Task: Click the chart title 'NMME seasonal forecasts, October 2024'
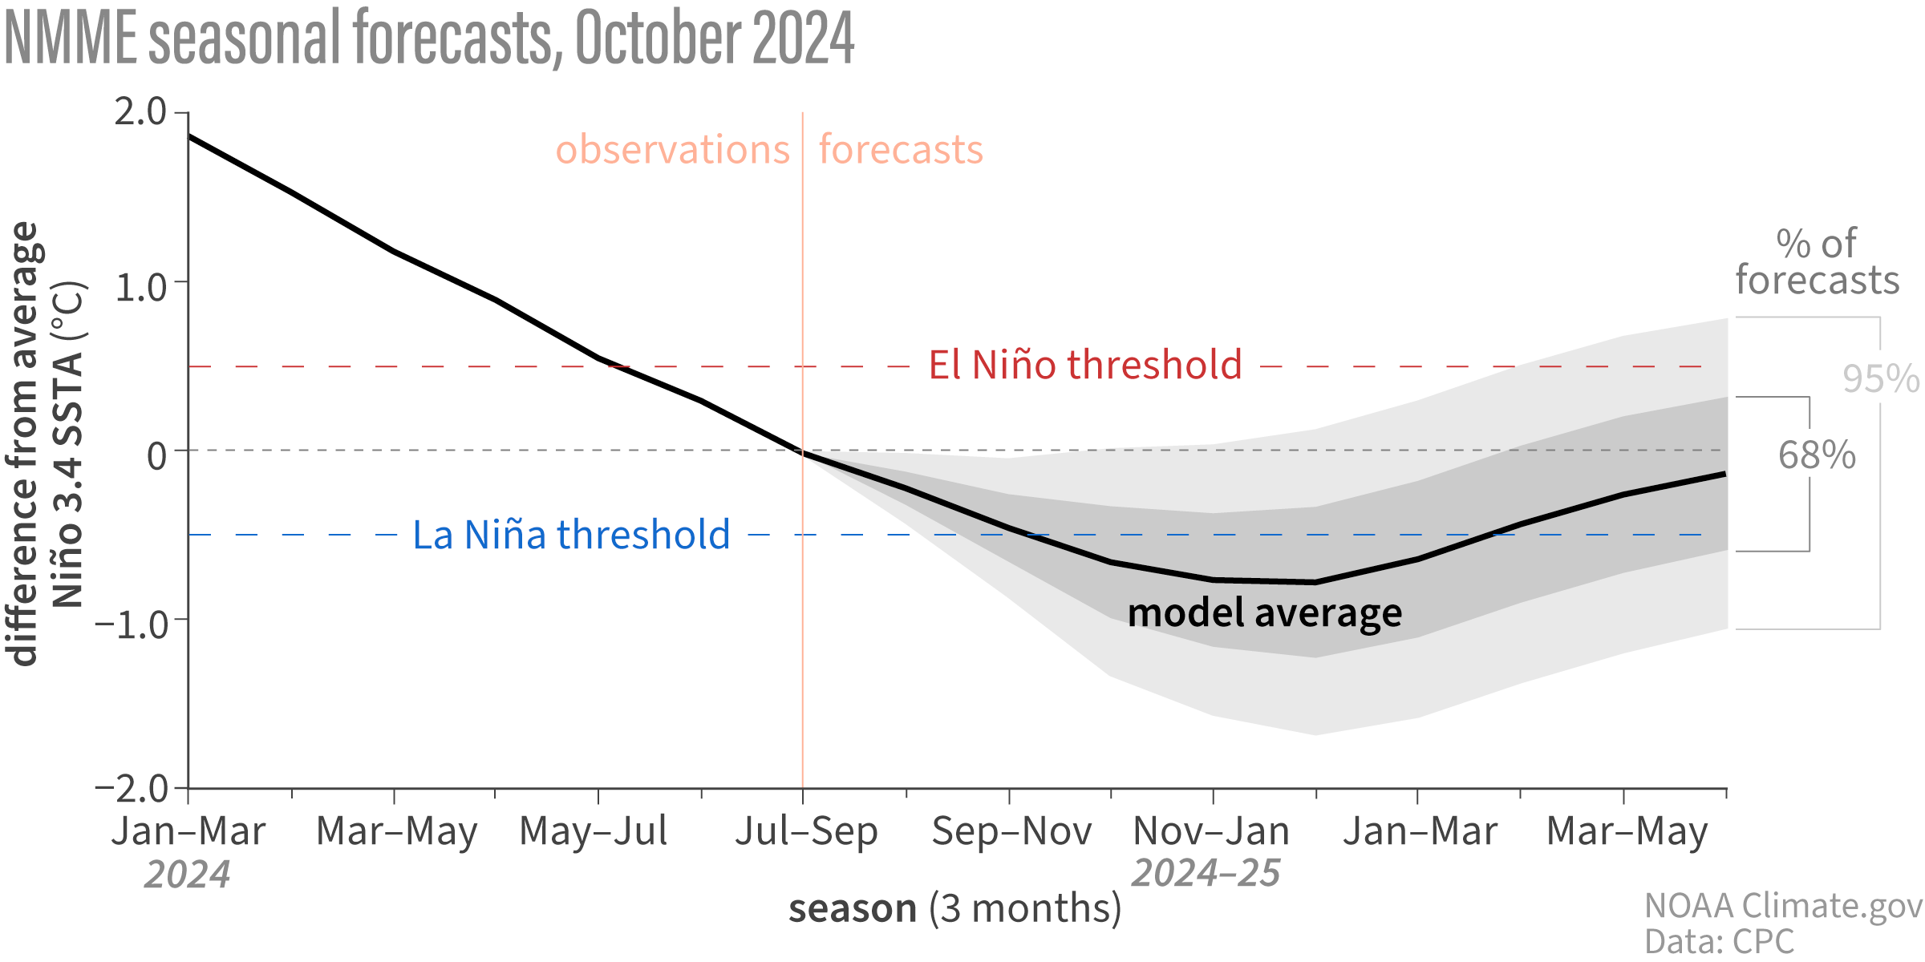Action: [429, 38]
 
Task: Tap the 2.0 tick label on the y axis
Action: [140, 111]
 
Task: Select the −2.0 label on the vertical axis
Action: [132, 789]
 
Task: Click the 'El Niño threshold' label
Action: [1085, 365]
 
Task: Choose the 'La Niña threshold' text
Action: [571, 535]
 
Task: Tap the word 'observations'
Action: [672, 150]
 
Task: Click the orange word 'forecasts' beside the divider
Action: [901, 150]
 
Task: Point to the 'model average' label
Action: [1265, 613]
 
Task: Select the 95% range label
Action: [1880, 378]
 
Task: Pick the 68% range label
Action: [1817, 455]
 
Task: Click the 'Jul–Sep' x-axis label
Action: [806, 831]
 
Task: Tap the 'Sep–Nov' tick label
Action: [1011, 831]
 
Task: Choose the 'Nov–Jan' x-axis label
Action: [1211, 831]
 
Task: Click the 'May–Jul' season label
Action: [594, 831]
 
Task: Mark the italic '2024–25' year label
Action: [1206, 873]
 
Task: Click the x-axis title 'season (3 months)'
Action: [954, 909]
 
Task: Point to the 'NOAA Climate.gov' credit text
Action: [1783, 906]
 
